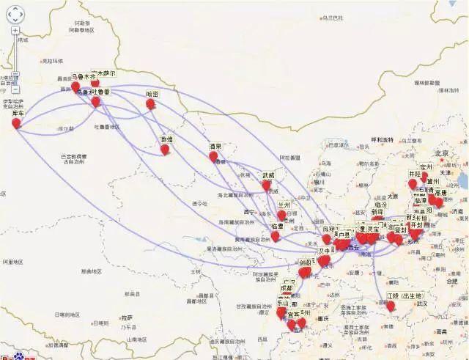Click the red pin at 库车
[x=16, y=122]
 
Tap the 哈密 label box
[x=152, y=94]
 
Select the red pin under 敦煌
[x=166, y=150]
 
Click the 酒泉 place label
[x=215, y=146]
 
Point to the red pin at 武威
[x=266, y=185]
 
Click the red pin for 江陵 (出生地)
[x=391, y=306]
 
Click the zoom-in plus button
[x=15, y=30]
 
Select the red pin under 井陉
[x=413, y=183]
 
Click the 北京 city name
[x=440, y=153]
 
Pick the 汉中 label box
[x=326, y=250]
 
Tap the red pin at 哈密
[x=150, y=104]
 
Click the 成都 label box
[x=285, y=288]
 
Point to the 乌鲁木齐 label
[x=83, y=76]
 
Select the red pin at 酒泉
[x=213, y=156]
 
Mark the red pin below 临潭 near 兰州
[x=276, y=237]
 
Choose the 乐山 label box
[x=282, y=304]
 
